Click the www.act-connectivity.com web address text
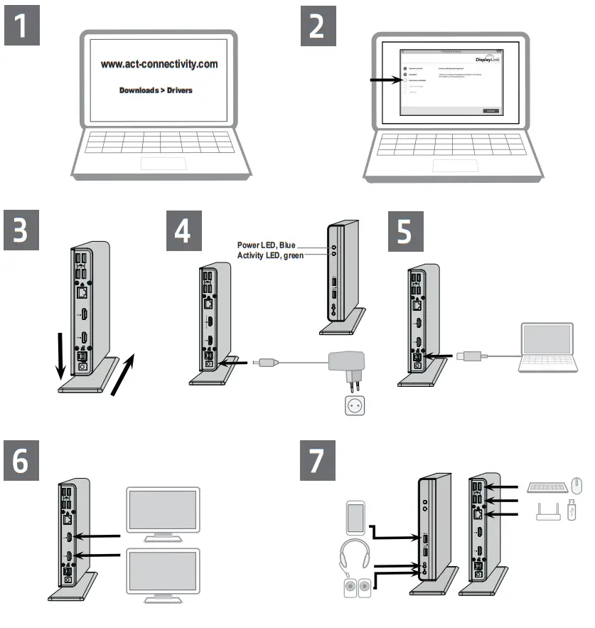[x=159, y=64]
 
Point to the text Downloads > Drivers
[x=156, y=90]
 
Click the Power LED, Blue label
[x=267, y=245]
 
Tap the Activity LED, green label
[x=271, y=255]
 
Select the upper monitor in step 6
[x=163, y=511]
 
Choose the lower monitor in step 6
[x=163, y=575]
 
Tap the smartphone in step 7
[x=355, y=518]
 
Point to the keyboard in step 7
[x=548, y=487]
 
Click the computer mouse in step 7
[x=577, y=487]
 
